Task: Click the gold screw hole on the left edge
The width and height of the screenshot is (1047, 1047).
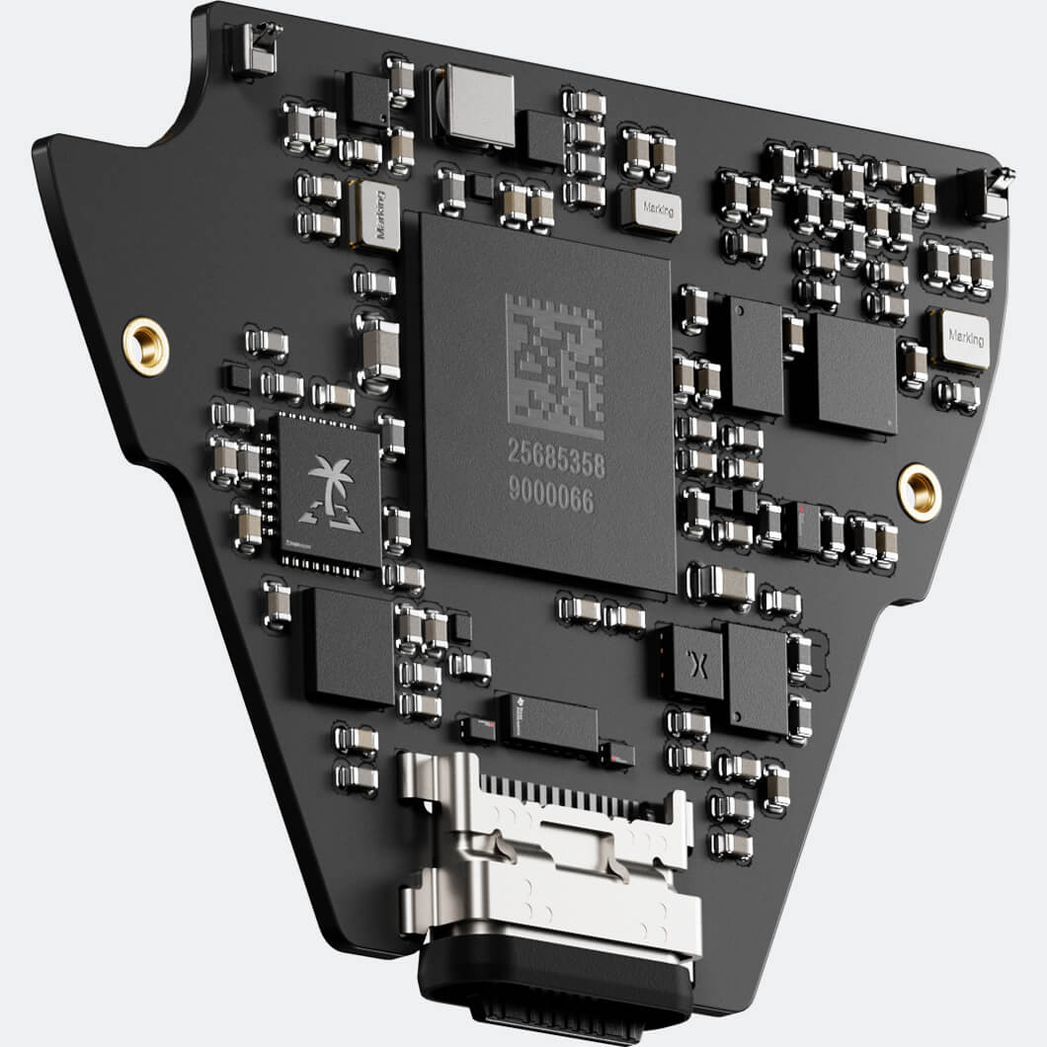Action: tap(145, 347)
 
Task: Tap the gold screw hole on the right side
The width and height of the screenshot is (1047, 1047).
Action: tap(919, 491)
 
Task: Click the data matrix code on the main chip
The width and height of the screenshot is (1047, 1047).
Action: tap(555, 365)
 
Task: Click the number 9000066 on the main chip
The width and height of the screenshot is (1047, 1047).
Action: tap(550, 501)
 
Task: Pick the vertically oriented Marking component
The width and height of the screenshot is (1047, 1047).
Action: tap(376, 216)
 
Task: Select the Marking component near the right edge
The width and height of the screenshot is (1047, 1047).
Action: tap(959, 339)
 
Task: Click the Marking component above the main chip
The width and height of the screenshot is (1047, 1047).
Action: tap(651, 210)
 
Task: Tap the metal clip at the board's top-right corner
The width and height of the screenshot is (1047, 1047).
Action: tap(988, 194)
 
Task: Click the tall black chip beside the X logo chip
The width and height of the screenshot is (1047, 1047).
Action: tap(756, 677)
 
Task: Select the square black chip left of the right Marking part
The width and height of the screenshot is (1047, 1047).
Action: tap(855, 373)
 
